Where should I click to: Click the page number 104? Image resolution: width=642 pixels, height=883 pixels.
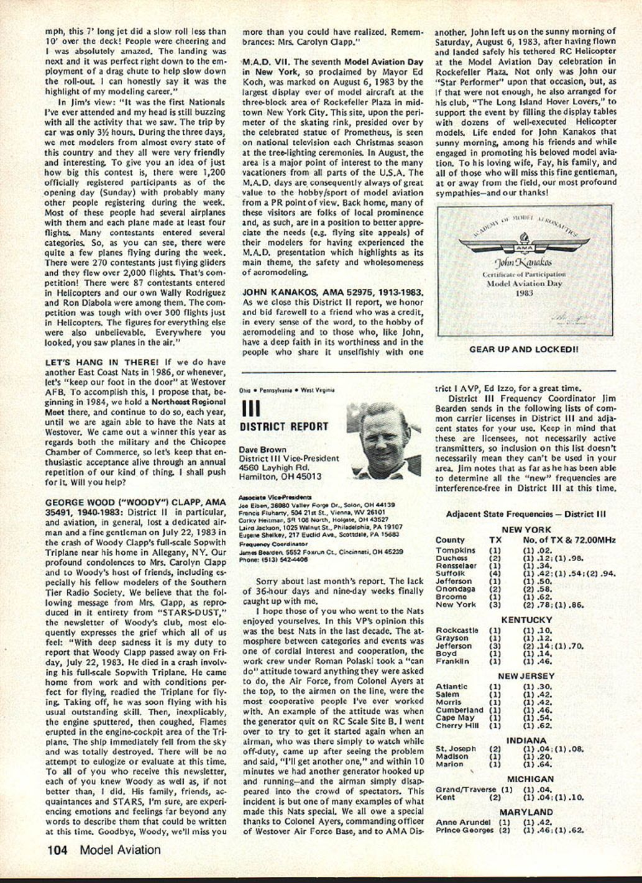(59, 850)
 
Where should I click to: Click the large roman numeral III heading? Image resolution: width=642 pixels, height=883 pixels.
(250, 408)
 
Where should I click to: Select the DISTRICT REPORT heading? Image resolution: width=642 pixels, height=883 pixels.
(283, 427)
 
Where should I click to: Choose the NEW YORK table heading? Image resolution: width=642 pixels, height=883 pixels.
(526, 529)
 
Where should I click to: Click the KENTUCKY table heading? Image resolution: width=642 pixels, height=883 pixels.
(526, 620)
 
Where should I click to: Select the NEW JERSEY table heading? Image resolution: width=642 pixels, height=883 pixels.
(526, 676)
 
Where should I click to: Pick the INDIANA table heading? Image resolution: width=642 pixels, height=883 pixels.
(526, 741)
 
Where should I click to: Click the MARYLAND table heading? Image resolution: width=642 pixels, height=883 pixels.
(526, 812)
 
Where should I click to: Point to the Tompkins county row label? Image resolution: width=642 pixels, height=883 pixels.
(456, 551)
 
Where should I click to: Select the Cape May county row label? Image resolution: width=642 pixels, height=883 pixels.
(455, 718)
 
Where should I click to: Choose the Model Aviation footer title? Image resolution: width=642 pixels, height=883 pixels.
(120, 850)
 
